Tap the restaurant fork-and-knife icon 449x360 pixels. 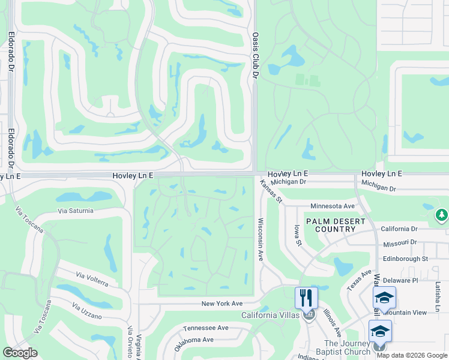(306, 297)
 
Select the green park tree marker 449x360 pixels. (442, 215)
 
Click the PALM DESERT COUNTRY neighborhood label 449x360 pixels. (336, 225)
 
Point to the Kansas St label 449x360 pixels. (271, 191)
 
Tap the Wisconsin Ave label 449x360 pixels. (261, 239)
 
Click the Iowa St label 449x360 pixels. (297, 235)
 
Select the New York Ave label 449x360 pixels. (221, 304)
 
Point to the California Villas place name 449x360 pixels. (271, 316)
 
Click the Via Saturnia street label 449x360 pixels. (76, 211)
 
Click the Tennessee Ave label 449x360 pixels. (206, 328)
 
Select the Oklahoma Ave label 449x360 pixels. (194, 343)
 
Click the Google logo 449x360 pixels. (20, 353)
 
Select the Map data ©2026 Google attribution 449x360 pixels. (412, 355)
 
